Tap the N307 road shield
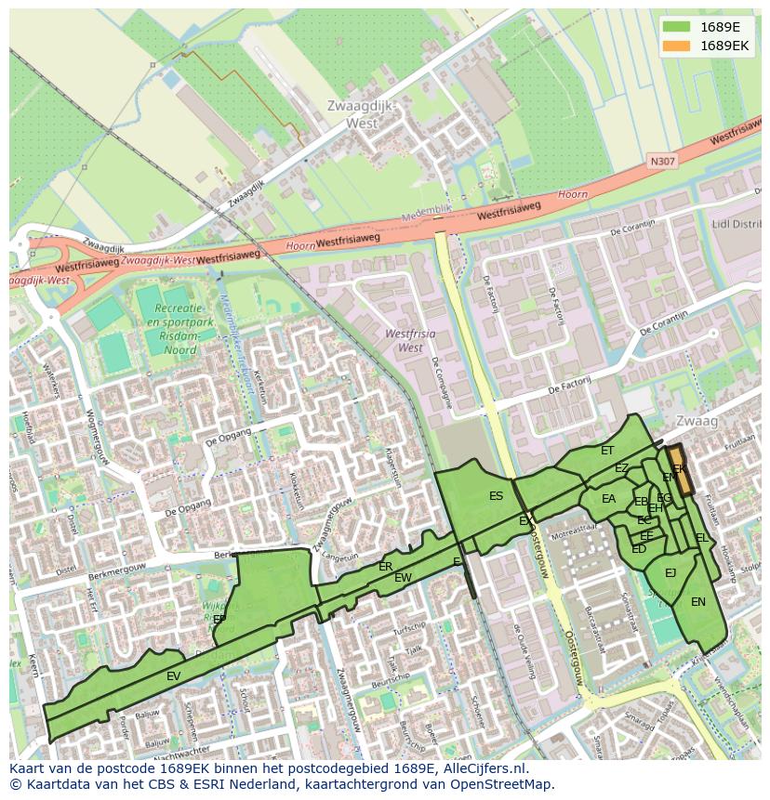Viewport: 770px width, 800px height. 662,162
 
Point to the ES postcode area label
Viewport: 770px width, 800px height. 496,496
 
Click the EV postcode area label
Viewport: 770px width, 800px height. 173,676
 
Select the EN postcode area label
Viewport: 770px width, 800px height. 697,602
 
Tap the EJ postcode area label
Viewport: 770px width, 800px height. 670,573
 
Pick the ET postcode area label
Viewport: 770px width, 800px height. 607,451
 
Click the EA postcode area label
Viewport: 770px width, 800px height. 608,499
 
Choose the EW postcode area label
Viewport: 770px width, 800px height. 403,578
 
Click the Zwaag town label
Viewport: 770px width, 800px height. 697,422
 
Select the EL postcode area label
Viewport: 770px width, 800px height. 701,538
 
